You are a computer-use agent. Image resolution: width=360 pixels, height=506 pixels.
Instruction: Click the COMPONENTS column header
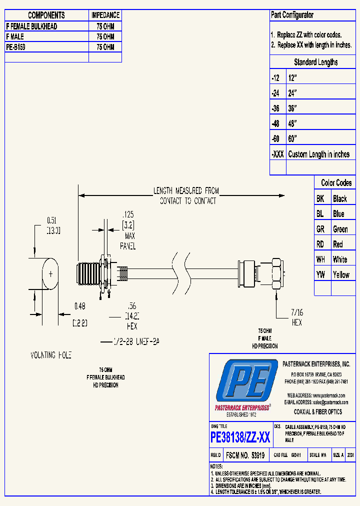tap(46, 15)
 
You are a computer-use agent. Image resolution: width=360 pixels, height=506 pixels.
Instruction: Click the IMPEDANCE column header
tap(105, 15)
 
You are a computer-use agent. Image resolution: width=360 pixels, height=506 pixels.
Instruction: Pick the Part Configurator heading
tap(292, 15)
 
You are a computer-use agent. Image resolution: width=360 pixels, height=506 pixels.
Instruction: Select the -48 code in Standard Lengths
tap(275, 123)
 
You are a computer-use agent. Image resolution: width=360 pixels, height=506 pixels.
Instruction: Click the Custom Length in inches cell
tap(318, 154)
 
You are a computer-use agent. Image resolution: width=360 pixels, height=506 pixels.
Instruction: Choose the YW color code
tap(320, 274)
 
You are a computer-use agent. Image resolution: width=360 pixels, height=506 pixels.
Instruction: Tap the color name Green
tap(340, 229)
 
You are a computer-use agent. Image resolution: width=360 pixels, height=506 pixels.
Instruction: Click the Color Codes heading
tap(336, 183)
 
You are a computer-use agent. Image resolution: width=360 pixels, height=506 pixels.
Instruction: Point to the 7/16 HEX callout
tap(297, 318)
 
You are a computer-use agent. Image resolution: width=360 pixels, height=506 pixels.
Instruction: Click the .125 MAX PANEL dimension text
tap(128, 230)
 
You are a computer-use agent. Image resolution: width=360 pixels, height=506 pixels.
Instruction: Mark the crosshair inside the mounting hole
tap(50, 273)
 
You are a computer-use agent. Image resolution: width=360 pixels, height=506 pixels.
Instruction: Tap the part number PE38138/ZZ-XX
tap(240, 438)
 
